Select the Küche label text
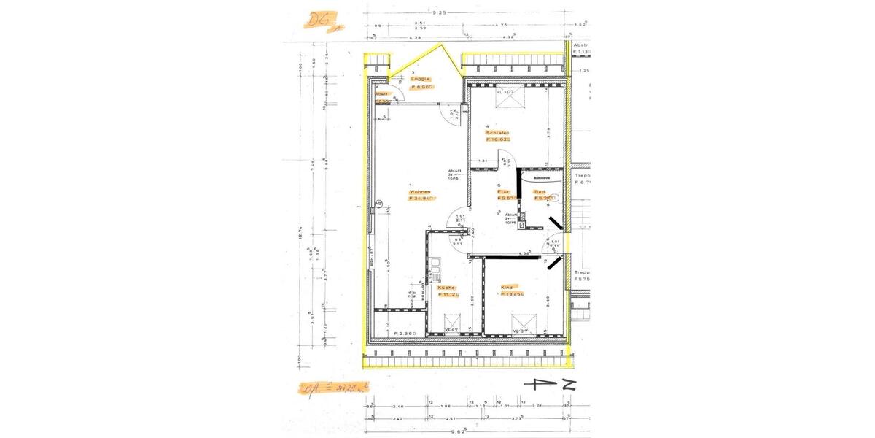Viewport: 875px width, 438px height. (x=446, y=288)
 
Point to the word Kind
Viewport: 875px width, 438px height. (x=507, y=288)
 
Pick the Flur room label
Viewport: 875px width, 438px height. (x=503, y=191)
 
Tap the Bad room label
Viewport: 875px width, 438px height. (x=540, y=191)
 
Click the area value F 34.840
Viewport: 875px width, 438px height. (x=422, y=198)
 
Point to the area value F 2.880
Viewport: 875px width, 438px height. (x=405, y=334)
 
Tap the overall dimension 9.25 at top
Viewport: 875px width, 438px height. (x=439, y=12)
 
